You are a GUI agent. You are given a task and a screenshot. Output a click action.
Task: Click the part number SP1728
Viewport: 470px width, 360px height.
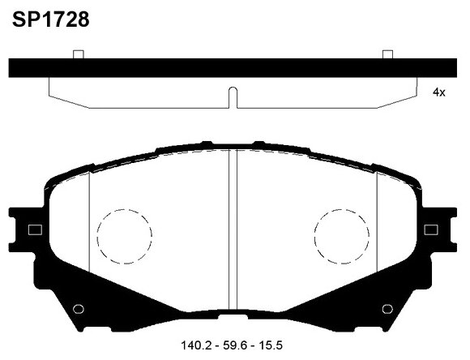coord(50,19)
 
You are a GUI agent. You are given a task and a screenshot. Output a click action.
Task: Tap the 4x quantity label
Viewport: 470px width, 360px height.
coord(439,93)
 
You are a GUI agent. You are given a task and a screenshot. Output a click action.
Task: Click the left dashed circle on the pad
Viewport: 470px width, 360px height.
coord(124,237)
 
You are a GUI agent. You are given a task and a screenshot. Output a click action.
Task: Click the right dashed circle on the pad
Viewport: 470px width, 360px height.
coord(341,237)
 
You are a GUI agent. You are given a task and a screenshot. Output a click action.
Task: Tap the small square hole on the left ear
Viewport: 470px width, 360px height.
coord(35,229)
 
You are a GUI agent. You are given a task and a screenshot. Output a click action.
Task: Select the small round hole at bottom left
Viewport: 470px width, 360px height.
coord(79,309)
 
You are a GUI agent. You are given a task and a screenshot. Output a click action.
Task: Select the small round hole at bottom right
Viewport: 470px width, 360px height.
coord(387,309)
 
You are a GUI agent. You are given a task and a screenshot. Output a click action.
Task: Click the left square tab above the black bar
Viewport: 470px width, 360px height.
coord(79,54)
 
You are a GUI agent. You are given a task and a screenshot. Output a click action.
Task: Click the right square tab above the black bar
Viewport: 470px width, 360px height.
coord(387,54)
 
